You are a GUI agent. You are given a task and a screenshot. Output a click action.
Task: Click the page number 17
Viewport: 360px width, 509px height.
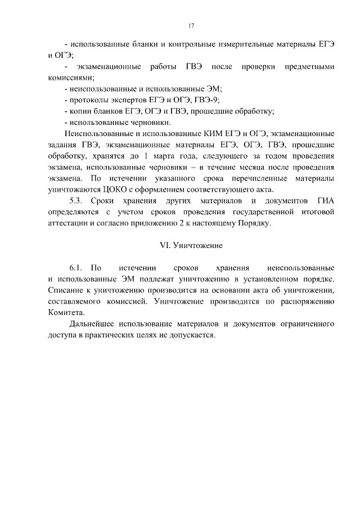(x=191, y=25)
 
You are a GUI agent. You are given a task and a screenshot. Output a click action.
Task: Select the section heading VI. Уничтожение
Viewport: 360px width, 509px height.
(x=191, y=245)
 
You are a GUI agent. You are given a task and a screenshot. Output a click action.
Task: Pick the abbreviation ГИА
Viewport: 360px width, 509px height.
(x=323, y=201)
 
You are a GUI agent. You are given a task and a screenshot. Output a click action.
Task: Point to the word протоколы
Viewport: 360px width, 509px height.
(x=88, y=100)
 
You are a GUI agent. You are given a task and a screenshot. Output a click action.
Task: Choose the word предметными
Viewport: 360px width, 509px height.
(x=308, y=67)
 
